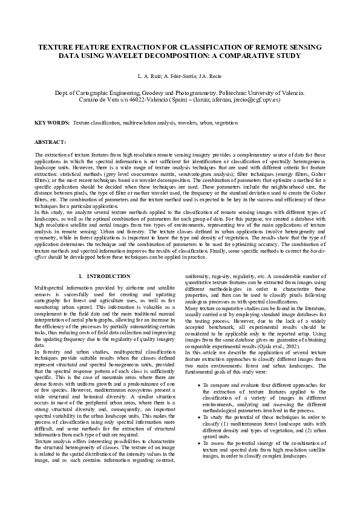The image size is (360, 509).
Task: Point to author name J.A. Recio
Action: (209, 77)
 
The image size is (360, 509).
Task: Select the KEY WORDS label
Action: (52, 123)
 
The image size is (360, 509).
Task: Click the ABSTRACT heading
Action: (50, 141)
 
